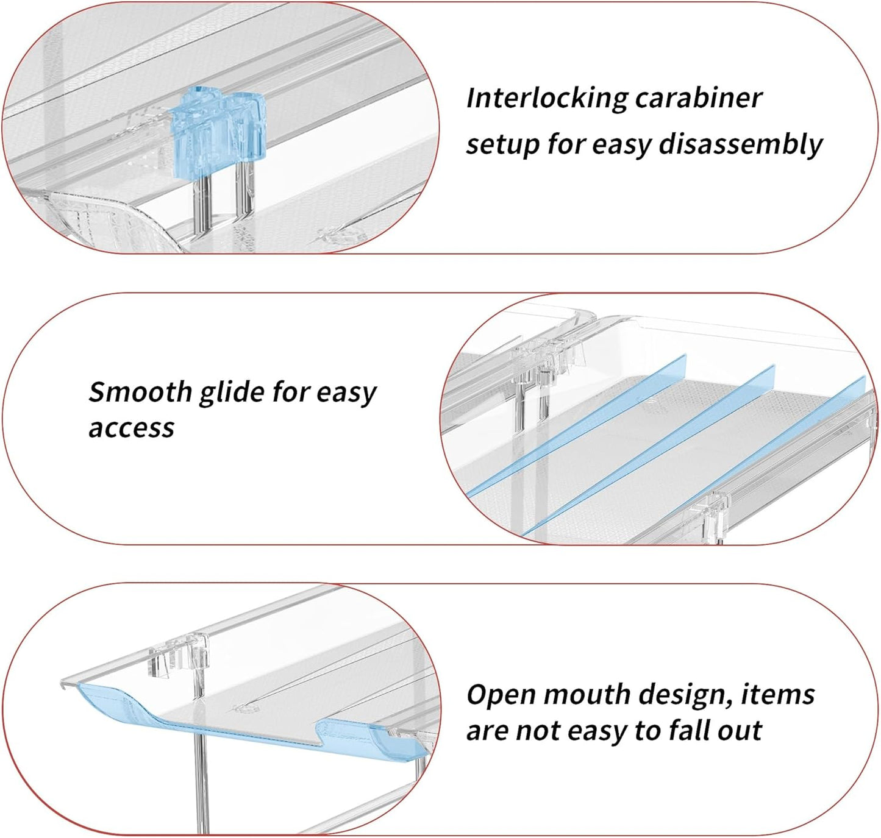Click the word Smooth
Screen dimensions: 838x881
tap(140, 392)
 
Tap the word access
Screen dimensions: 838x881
tap(131, 428)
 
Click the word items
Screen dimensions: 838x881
tap(777, 695)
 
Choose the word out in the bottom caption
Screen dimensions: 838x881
tap(740, 730)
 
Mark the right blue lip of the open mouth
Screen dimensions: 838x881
tap(366, 734)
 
